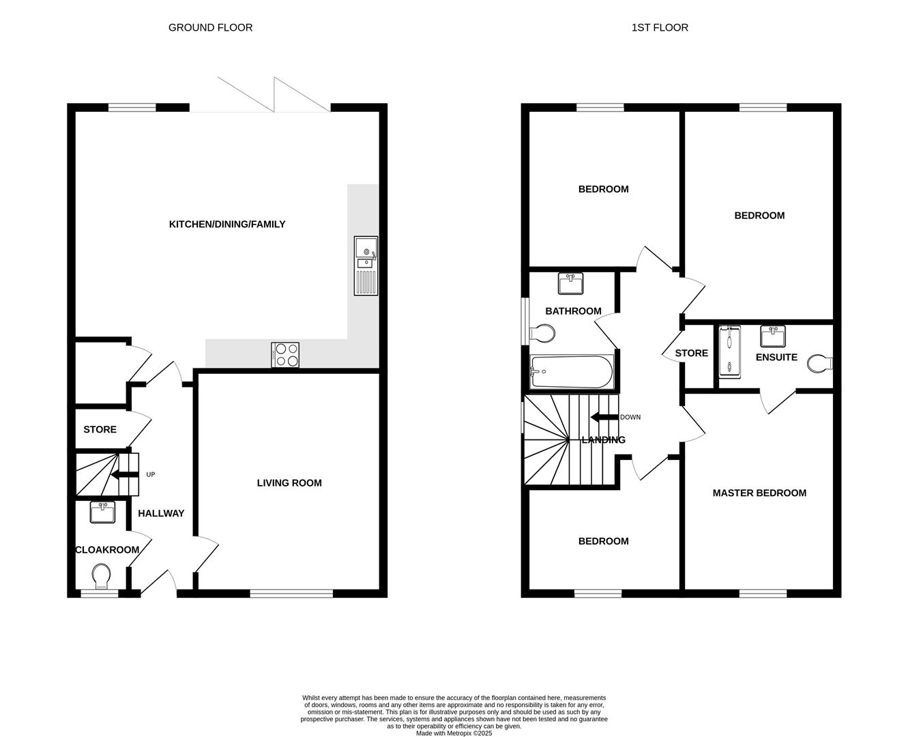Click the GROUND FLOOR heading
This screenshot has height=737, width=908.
click(210, 28)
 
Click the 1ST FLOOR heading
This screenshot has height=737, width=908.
click(660, 28)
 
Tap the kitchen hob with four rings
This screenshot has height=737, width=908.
click(285, 355)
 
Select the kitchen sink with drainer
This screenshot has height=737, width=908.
click(366, 265)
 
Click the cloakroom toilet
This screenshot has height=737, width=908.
click(102, 575)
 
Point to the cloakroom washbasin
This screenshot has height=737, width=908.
click(102, 512)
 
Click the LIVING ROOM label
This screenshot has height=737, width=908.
click(289, 483)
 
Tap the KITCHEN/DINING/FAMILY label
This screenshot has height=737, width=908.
click(227, 225)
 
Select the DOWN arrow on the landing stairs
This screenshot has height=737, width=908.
click(604, 418)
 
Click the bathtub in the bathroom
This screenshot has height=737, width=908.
click(572, 372)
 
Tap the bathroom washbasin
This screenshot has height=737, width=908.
click(570, 283)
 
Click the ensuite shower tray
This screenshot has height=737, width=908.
click(729, 351)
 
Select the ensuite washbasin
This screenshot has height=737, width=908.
click(773, 336)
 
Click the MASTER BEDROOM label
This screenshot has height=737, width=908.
click(759, 493)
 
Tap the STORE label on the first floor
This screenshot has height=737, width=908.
click(691, 353)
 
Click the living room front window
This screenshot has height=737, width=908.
click(291, 594)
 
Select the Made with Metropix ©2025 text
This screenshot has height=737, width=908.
click(454, 734)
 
